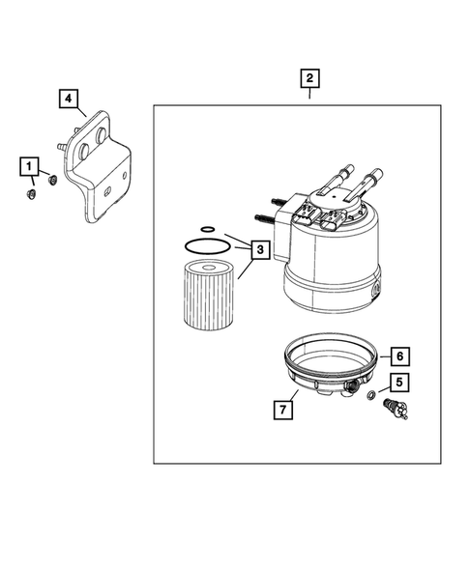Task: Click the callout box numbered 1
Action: tap(31, 167)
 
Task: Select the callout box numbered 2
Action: tap(309, 78)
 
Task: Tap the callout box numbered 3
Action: tap(260, 250)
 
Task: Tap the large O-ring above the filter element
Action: tap(205, 247)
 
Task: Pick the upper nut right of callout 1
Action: tap(53, 180)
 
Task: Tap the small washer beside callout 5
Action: tap(374, 398)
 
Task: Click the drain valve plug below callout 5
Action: tap(395, 409)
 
